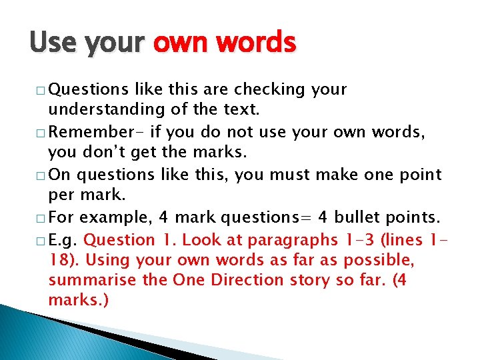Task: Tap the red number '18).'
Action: pyautogui.click(x=64, y=260)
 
